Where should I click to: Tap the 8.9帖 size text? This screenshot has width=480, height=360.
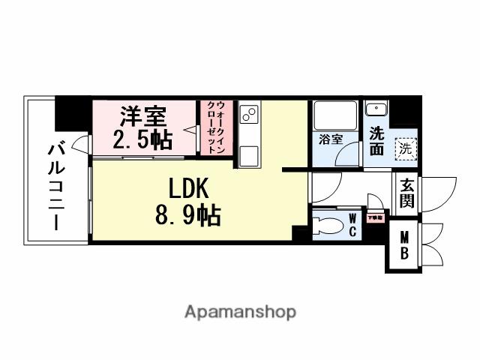click(187, 216)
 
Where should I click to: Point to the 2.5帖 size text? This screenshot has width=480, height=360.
click(142, 139)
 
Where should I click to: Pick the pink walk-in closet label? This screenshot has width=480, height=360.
click(215, 127)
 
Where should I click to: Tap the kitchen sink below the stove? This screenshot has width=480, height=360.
click(249, 155)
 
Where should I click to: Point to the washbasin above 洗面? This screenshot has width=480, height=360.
click(375, 110)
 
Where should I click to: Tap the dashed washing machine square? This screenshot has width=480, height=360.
click(405, 148)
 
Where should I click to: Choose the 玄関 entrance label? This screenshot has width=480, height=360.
click(407, 192)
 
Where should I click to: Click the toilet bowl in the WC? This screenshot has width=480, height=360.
click(327, 224)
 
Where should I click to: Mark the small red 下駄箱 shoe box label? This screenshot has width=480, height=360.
click(374, 218)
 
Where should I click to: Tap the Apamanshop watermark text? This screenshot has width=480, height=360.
click(240, 311)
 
